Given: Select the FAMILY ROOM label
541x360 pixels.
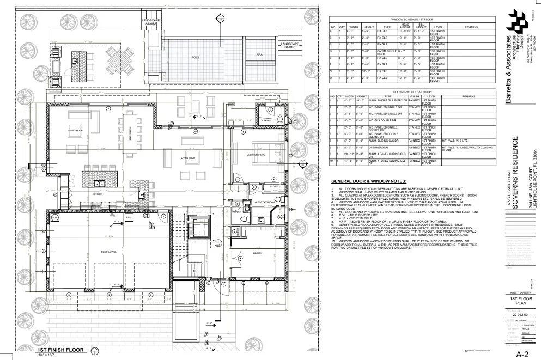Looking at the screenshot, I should [74, 131].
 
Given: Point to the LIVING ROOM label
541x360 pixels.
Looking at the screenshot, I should [188, 158].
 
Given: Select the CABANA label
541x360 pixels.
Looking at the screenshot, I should [266, 120].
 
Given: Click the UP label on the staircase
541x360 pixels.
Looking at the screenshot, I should [195, 270].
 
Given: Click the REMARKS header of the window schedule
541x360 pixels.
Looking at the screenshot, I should [472, 26].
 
